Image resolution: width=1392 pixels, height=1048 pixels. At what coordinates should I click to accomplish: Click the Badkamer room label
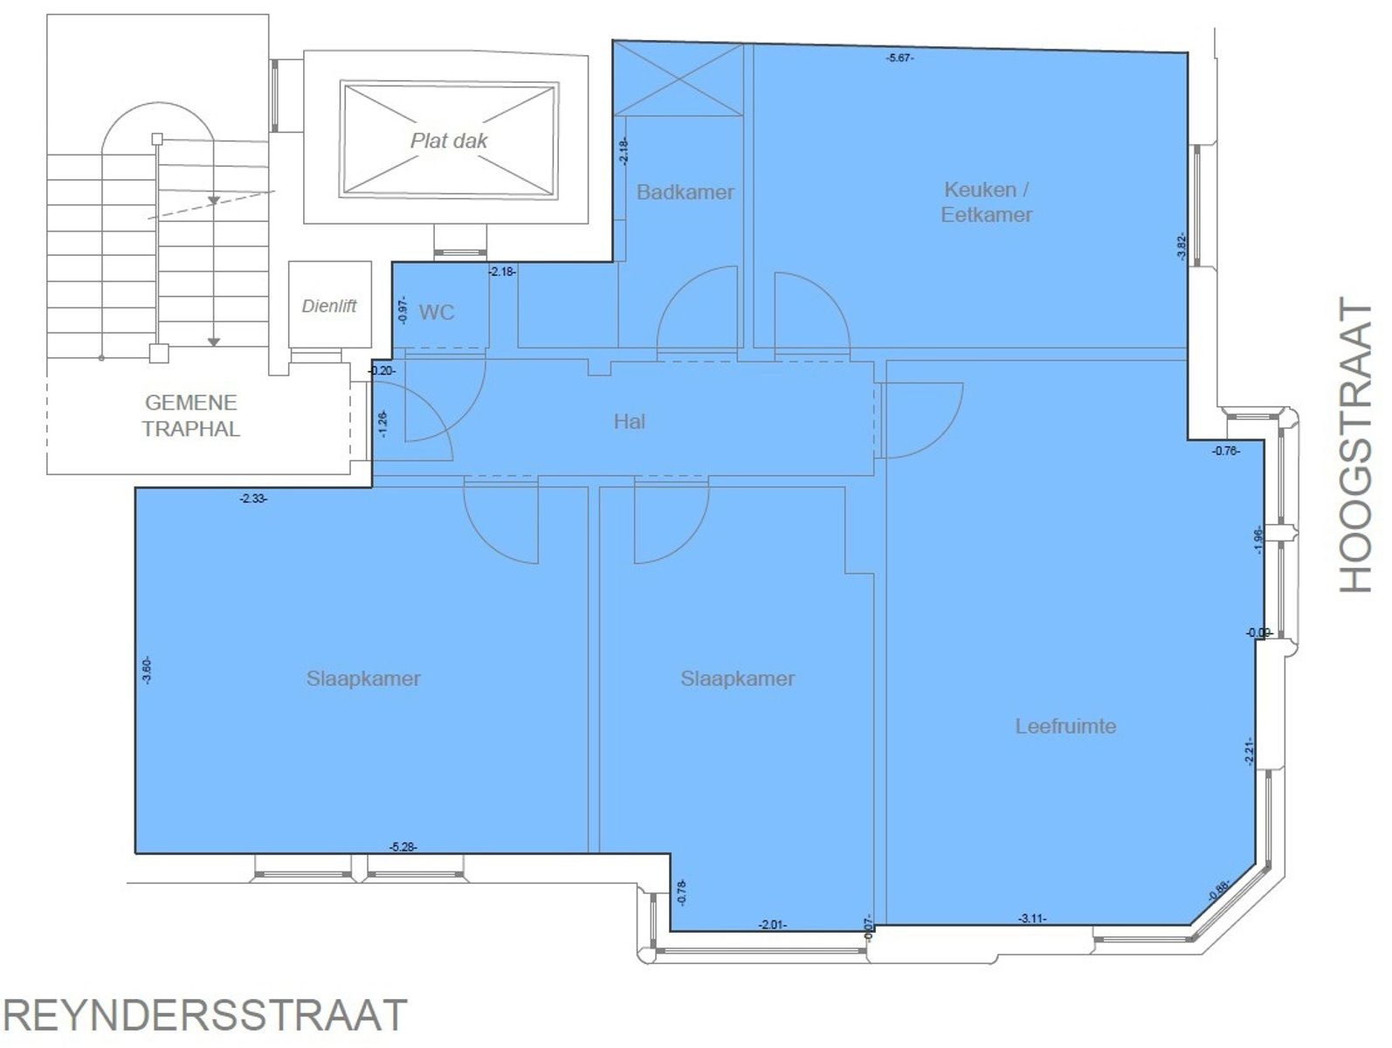click(x=685, y=192)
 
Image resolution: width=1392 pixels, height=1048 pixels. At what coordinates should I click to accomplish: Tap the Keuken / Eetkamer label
click(x=986, y=202)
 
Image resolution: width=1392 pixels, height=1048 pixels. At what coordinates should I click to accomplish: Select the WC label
click(x=437, y=313)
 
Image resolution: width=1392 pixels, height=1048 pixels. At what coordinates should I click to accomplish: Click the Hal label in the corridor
click(x=629, y=422)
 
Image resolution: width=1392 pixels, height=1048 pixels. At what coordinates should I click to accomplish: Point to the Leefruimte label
click(x=1065, y=726)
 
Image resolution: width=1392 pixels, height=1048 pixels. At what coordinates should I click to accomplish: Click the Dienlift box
click(x=329, y=306)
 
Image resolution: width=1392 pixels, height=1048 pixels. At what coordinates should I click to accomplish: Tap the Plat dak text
click(x=449, y=141)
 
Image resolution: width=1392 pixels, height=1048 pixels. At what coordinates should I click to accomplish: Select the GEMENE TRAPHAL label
click(x=191, y=416)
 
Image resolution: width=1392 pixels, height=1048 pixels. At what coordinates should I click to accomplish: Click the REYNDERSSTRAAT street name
click(x=206, y=1016)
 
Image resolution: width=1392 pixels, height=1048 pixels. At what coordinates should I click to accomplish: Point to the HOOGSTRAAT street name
click(x=1356, y=445)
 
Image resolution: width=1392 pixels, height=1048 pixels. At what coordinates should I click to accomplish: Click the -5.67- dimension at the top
click(x=900, y=58)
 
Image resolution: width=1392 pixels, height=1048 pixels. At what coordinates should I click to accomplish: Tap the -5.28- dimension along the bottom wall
click(x=403, y=846)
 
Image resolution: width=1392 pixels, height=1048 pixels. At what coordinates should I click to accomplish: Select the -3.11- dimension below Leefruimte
click(x=1032, y=918)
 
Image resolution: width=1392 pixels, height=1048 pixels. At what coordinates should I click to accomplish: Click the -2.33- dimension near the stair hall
click(x=253, y=499)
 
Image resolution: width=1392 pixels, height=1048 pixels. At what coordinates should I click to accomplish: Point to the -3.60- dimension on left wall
click(x=147, y=670)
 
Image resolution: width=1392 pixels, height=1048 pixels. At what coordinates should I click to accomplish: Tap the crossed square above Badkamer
click(x=679, y=79)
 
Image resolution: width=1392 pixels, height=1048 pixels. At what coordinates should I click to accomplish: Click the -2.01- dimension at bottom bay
click(x=772, y=924)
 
